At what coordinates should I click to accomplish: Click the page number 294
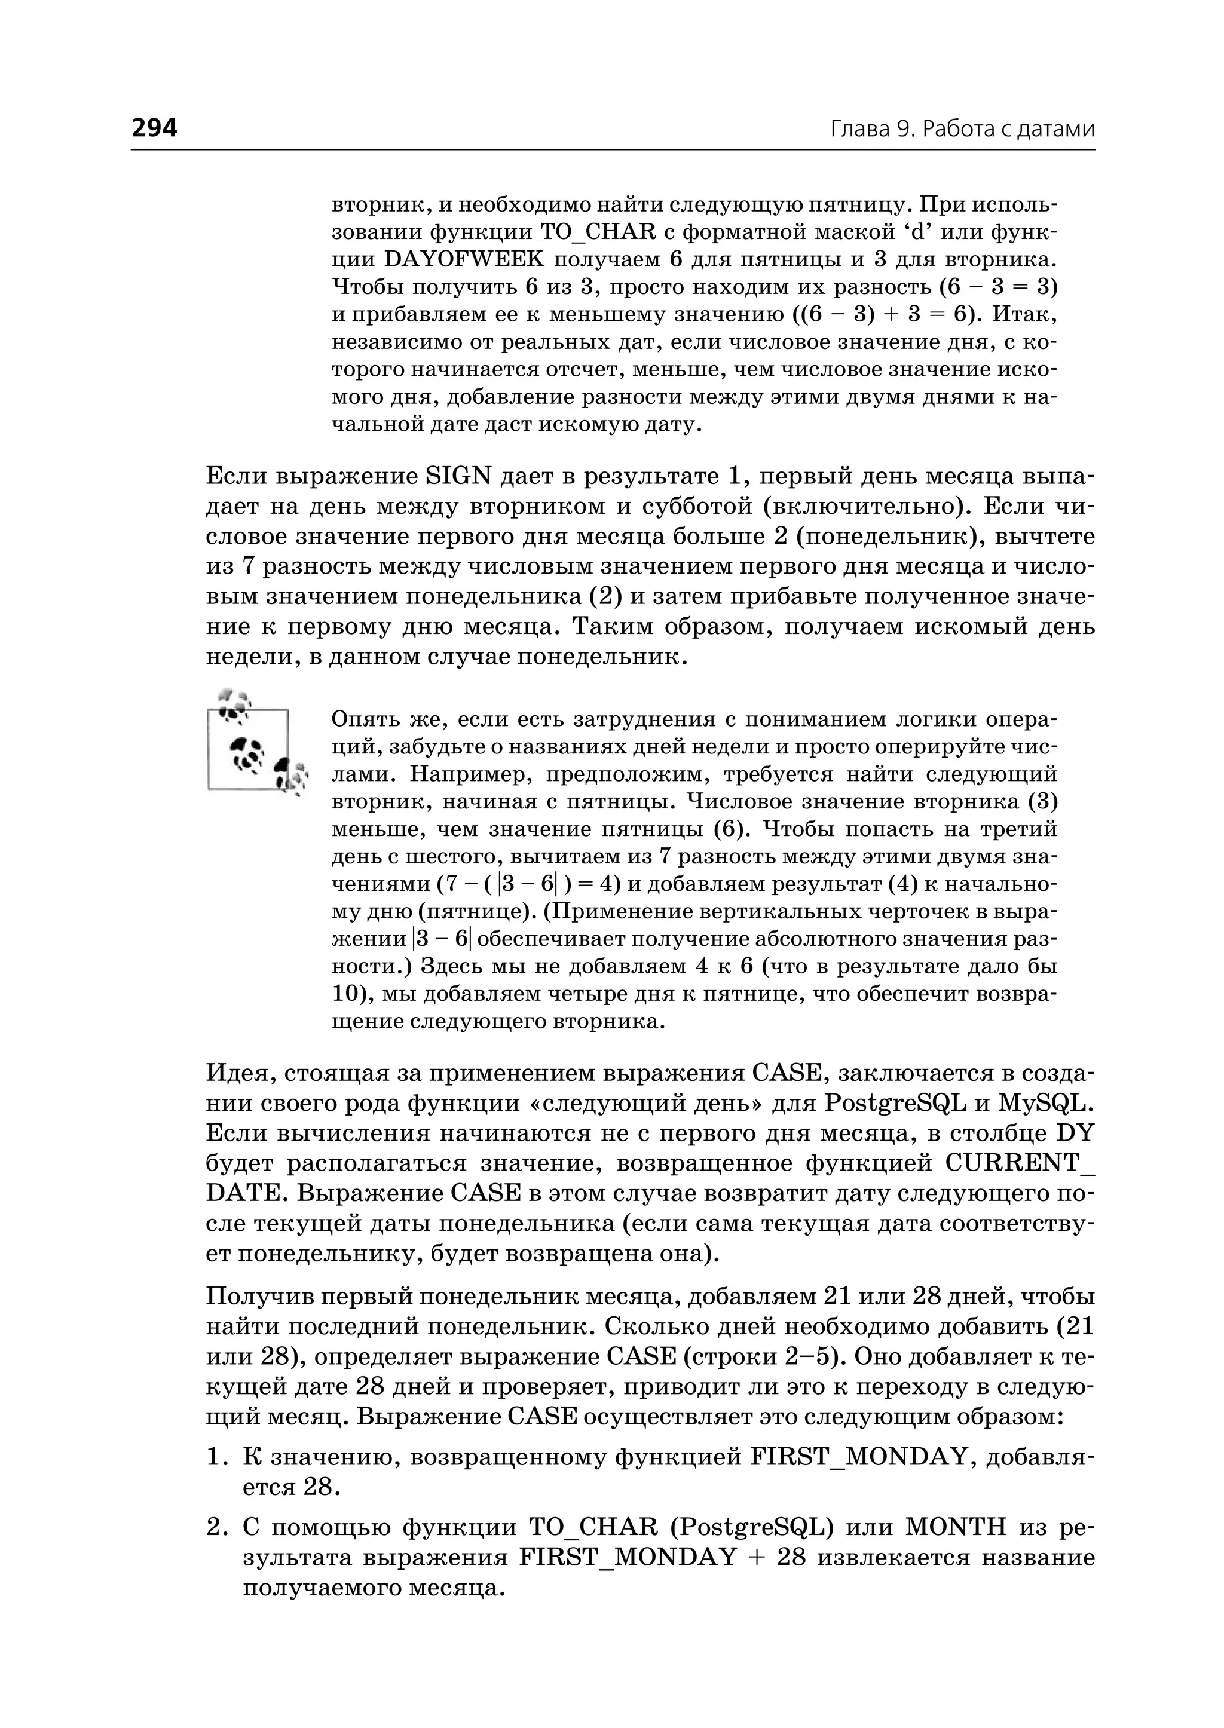pyautogui.click(x=155, y=128)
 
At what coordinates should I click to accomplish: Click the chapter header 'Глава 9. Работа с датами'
pyautogui.click(x=962, y=130)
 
